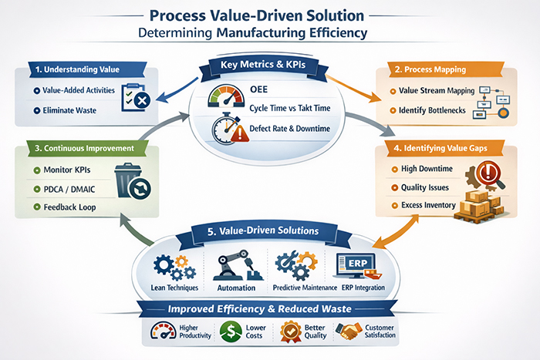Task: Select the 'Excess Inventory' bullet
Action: [x=431, y=207]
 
